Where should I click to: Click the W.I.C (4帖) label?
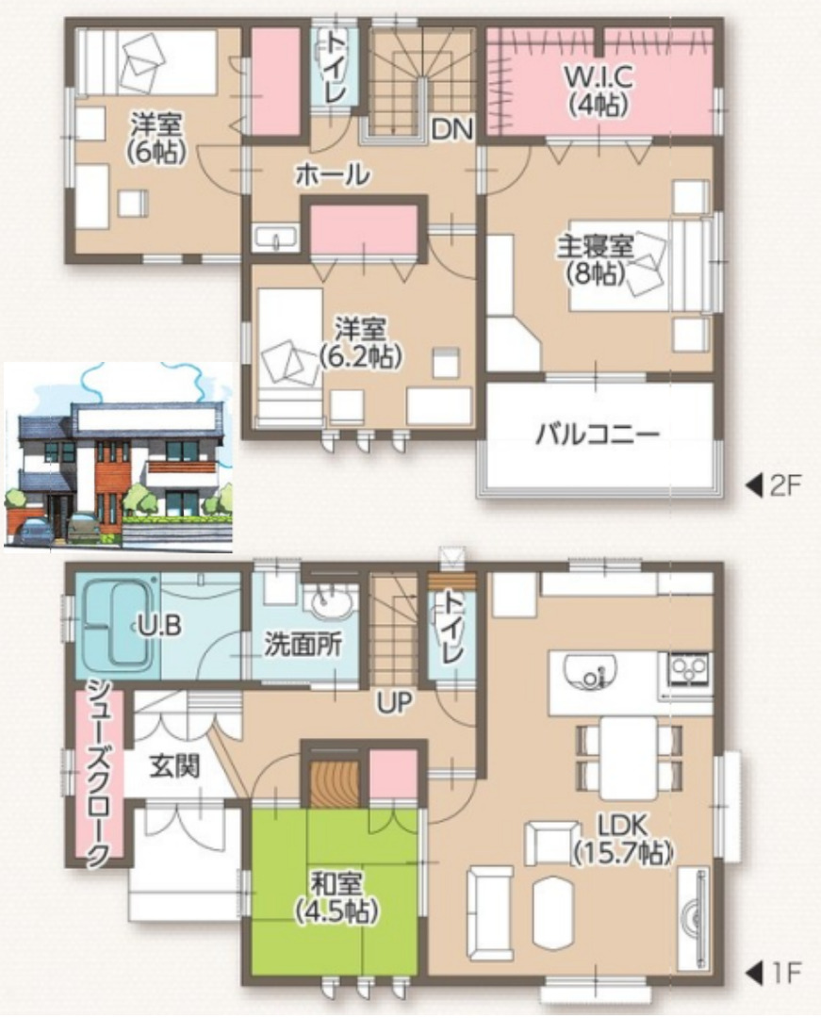[x=598, y=90]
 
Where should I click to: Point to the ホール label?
[x=331, y=173]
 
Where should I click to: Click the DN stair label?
[x=452, y=129]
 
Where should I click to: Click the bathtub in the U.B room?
[x=117, y=624]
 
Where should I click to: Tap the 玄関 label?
[x=174, y=766]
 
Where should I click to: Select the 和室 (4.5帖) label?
[x=336, y=897]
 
